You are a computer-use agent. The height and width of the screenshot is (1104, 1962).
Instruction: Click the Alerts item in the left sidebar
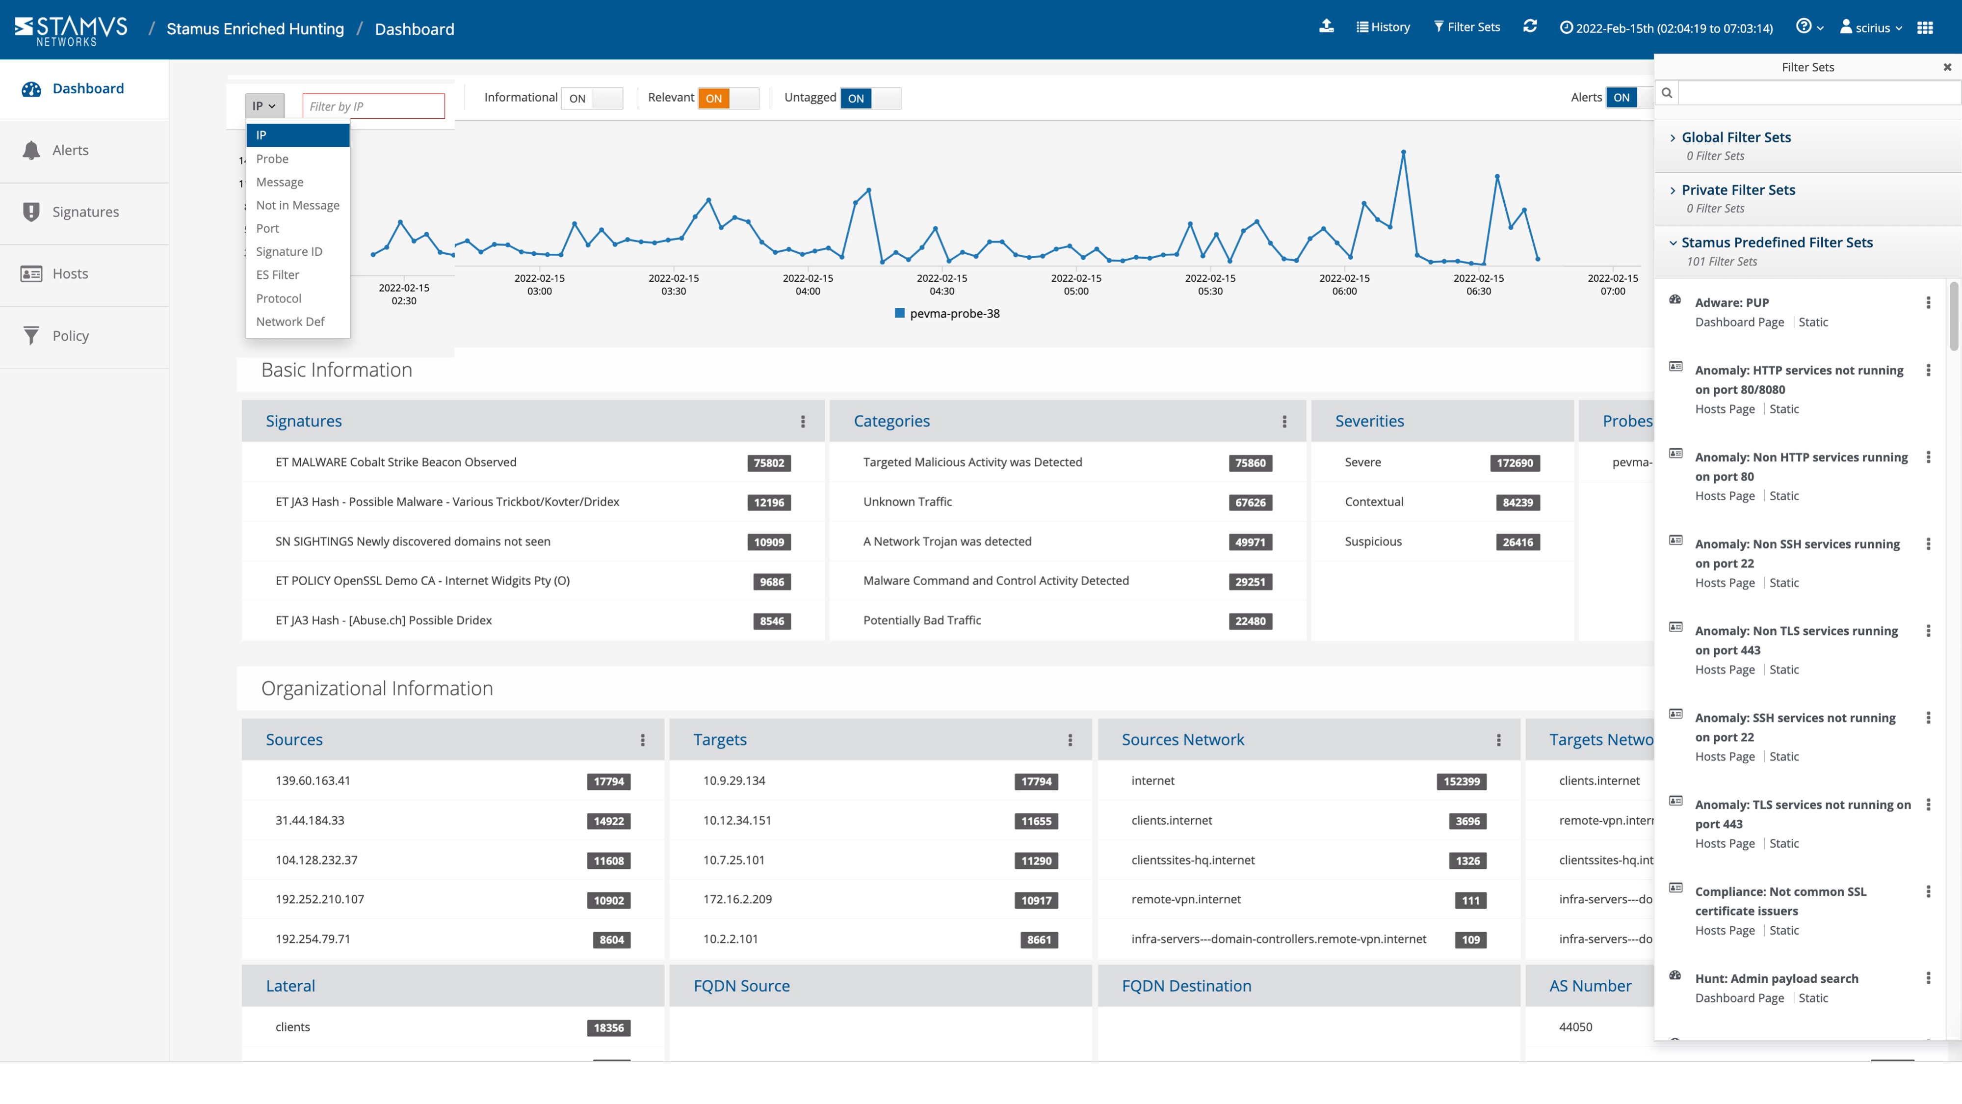(x=70, y=151)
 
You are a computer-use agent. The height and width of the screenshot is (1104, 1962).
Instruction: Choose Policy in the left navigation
(x=70, y=336)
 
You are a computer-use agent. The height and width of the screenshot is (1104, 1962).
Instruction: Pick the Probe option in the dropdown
(x=272, y=159)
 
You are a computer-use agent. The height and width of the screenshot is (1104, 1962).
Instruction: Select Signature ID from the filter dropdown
(x=288, y=251)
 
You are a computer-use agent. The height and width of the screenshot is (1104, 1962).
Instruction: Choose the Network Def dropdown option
(x=290, y=322)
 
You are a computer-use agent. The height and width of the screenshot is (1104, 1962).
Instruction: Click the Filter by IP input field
(x=373, y=107)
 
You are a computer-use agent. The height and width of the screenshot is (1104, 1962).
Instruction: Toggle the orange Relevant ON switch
(x=728, y=98)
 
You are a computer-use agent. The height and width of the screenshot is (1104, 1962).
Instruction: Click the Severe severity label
(x=1362, y=462)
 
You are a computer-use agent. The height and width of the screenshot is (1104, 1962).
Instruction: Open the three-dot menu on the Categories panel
(x=1284, y=421)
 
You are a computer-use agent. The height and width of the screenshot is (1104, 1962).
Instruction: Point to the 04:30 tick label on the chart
(x=942, y=285)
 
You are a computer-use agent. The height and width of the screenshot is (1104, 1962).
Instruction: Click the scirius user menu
(x=1871, y=28)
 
